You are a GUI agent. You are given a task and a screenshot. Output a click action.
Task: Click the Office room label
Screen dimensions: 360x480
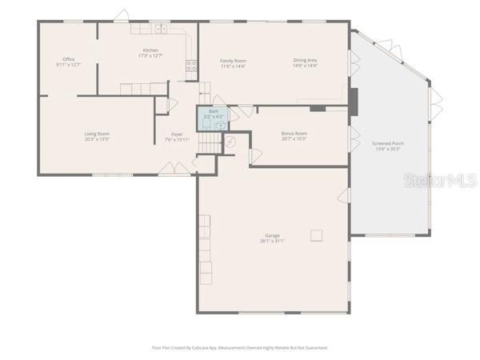click(69, 59)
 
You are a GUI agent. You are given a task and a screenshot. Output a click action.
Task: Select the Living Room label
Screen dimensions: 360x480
click(97, 133)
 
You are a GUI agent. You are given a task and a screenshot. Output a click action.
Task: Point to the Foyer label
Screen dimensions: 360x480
click(177, 134)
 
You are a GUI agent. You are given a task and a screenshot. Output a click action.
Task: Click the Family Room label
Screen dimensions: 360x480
click(234, 60)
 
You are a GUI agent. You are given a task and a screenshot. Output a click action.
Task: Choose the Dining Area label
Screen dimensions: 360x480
click(305, 60)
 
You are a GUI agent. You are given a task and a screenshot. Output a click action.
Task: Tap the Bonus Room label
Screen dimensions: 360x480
click(294, 133)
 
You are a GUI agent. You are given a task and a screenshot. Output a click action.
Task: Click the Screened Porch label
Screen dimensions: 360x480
click(388, 144)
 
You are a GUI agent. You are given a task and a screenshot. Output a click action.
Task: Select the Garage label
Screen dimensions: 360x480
click(272, 235)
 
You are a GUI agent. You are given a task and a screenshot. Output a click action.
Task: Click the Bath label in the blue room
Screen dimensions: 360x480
click(213, 111)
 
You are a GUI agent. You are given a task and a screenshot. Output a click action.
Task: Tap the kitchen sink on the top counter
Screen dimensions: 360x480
click(160, 28)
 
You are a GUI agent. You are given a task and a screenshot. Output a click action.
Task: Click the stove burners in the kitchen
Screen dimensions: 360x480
click(192, 66)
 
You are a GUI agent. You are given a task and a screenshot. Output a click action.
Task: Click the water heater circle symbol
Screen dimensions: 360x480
click(230, 144)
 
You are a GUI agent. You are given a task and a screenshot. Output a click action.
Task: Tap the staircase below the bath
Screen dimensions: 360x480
click(209, 142)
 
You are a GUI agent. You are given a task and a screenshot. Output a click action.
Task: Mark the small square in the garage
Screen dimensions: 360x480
click(318, 235)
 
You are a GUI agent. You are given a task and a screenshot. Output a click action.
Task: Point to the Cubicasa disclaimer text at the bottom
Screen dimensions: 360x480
click(239, 348)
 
